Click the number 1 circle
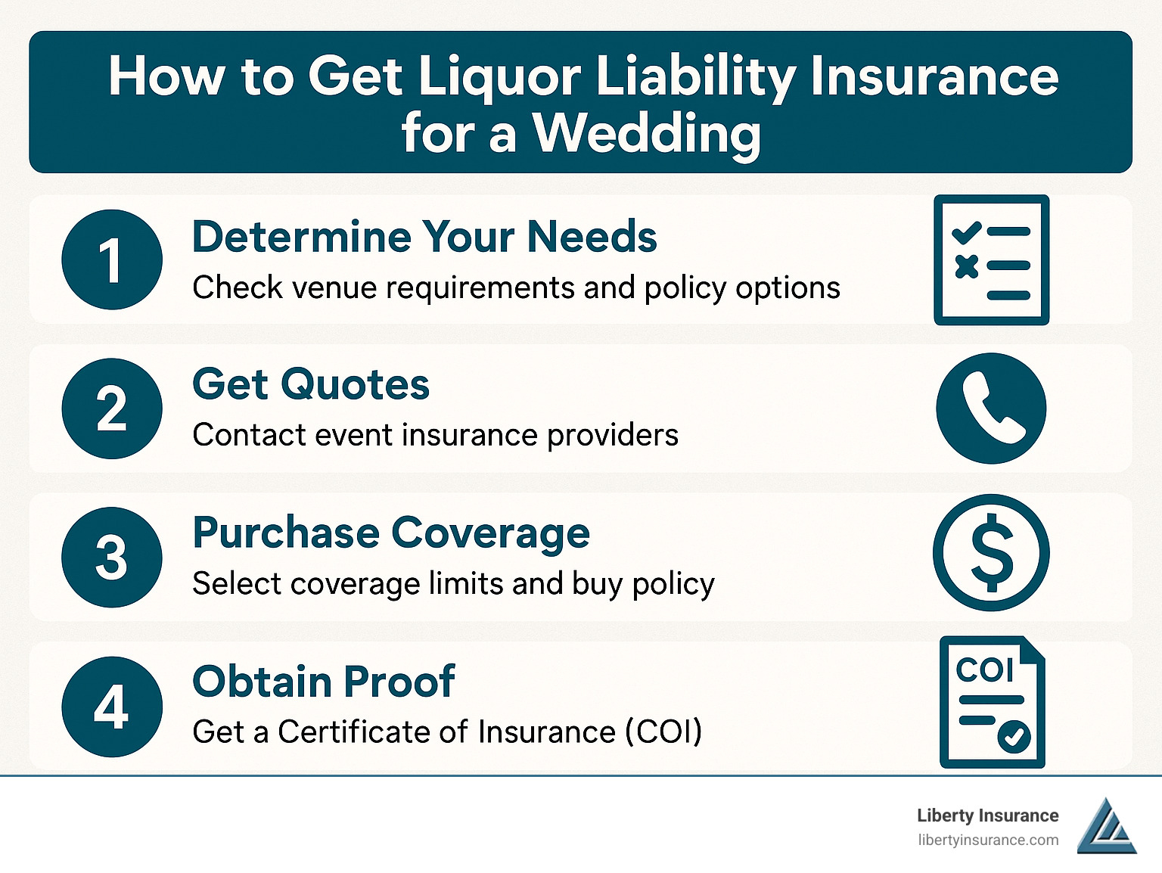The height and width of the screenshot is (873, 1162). click(112, 259)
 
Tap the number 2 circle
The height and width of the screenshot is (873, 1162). click(112, 409)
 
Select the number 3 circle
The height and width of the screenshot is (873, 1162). click(112, 557)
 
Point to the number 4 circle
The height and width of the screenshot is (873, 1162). click(112, 707)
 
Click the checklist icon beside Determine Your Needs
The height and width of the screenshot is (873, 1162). click(991, 259)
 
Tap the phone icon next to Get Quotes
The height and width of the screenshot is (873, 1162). click(991, 409)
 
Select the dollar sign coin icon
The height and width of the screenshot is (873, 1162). click(991, 552)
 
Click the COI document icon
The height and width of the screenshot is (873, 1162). click(992, 701)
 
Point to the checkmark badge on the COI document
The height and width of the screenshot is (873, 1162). click(1014, 736)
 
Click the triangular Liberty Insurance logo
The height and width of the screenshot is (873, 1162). click(1107, 825)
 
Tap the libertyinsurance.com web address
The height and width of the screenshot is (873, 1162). click(988, 840)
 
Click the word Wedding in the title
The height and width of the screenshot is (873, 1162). click(646, 133)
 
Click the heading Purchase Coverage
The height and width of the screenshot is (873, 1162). click(390, 533)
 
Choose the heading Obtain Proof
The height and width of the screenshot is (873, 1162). click(324, 682)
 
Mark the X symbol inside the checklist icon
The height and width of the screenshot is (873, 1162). click(967, 266)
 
